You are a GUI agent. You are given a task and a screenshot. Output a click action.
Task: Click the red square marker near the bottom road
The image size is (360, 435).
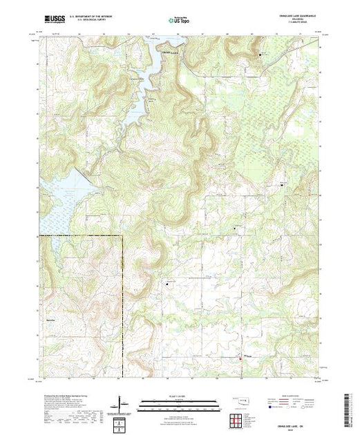pyautogui.click(x=240, y=357)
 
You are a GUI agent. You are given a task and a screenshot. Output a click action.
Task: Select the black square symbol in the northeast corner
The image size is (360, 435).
pyautogui.click(x=260, y=53)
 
